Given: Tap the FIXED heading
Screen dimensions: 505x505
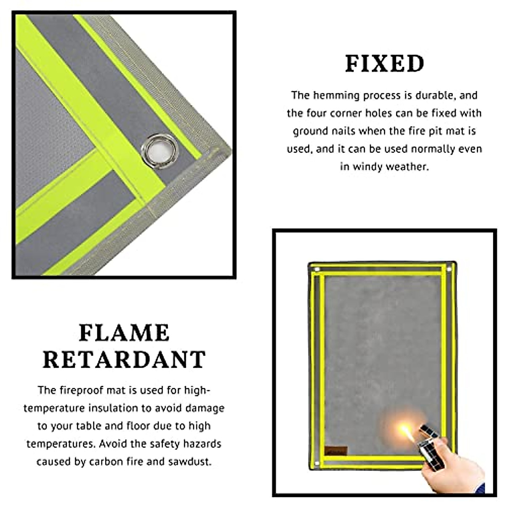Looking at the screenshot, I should click(385, 64).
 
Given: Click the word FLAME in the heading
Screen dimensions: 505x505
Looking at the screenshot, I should click(124, 333).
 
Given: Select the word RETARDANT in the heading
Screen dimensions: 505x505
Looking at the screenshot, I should click(124, 360).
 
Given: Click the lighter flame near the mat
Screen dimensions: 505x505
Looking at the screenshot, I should click(405, 430).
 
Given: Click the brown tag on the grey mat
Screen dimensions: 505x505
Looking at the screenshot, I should click(336, 450).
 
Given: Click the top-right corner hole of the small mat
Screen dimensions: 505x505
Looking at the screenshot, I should click(449, 268).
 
